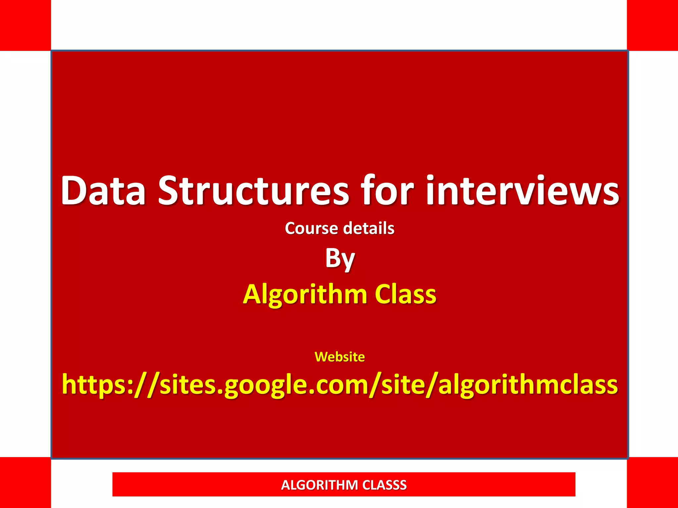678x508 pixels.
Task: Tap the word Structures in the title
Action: pos(254,191)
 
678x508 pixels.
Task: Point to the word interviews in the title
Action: pos(522,191)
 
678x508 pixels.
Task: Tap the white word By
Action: pos(340,259)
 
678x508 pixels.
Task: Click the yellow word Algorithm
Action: pos(305,294)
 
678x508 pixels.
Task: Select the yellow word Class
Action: pos(406,294)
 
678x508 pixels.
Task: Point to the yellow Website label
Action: pos(340,357)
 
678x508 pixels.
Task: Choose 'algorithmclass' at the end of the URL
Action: pos(528,385)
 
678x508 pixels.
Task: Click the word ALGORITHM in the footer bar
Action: pos(319,485)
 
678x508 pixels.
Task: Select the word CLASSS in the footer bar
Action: pos(384,485)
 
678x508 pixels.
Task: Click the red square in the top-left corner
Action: pos(25,25)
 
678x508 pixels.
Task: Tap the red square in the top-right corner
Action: pos(653,25)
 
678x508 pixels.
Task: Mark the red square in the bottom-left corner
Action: pos(25,483)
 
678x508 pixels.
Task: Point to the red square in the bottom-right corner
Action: pos(653,483)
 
